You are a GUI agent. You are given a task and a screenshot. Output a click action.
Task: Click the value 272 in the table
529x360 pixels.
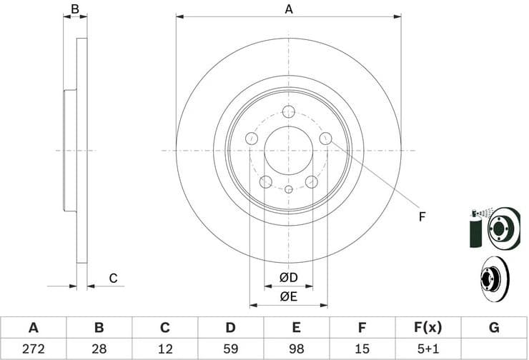(33, 349)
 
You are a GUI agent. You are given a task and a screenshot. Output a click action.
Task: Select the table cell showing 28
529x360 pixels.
(99, 349)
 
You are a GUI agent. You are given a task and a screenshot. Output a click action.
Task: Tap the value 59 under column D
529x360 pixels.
(231, 349)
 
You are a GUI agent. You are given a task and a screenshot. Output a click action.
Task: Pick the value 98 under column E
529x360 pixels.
(297, 349)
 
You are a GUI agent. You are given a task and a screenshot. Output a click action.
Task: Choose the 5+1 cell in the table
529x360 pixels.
(428, 349)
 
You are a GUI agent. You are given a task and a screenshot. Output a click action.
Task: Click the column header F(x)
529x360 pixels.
(428, 328)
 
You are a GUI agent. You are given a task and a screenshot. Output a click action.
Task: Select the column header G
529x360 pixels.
(494, 328)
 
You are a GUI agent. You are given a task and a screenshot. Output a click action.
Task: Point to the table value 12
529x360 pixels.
(164, 349)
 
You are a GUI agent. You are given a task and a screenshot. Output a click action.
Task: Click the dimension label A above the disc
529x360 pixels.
(289, 9)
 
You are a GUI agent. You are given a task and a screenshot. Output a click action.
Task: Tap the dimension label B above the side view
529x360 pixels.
(74, 9)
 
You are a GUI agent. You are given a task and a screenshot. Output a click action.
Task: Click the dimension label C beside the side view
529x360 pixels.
(112, 279)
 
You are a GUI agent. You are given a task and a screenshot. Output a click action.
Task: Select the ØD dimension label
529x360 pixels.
(288, 277)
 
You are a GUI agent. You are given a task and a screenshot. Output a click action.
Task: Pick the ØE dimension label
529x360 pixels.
(288, 296)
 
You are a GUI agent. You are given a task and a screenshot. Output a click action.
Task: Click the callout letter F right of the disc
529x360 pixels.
(422, 216)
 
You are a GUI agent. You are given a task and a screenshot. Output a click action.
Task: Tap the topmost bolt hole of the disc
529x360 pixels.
(289, 111)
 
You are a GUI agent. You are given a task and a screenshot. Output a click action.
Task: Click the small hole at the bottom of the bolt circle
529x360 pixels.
(289, 190)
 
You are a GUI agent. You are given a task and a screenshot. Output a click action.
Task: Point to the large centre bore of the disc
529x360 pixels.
(289, 151)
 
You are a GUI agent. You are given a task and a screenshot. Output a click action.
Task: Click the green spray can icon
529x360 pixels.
(475, 229)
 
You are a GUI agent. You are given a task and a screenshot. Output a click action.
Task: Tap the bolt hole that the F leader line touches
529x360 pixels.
(326, 139)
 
